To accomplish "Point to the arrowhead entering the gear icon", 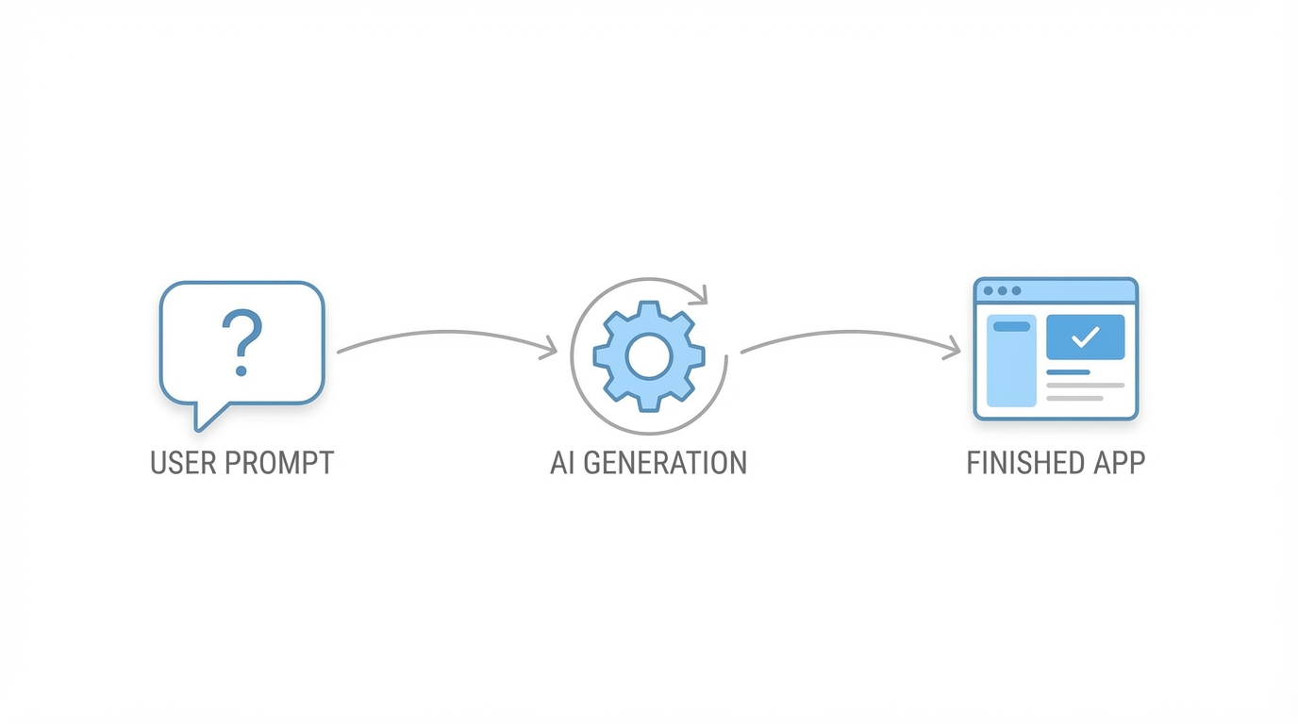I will (550, 351).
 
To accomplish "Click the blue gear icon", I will (649, 355).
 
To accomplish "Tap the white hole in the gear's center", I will (649, 355).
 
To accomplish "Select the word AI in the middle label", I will (562, 463).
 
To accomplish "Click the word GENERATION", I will (664, 463).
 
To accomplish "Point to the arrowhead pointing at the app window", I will (953, 350).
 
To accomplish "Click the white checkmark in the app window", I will (1086, 337).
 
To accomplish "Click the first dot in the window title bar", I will (989, 291).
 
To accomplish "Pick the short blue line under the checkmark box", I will (1069, 372).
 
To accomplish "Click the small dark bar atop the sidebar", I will (1011, 326).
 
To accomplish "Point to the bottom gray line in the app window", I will (1075, 398).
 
